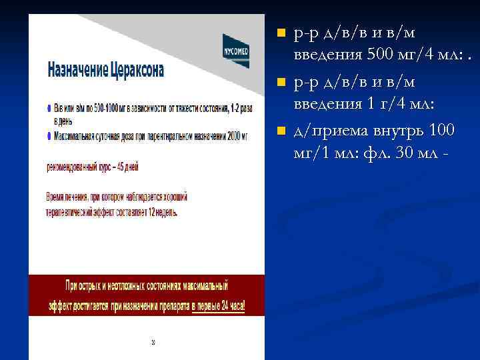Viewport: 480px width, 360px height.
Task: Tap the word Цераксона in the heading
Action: pos(139,69)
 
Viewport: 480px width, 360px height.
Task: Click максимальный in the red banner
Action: pos(203,285)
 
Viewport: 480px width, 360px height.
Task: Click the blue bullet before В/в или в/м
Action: pos(49,109)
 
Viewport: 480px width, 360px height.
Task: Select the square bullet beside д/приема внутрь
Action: pos(281,130)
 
